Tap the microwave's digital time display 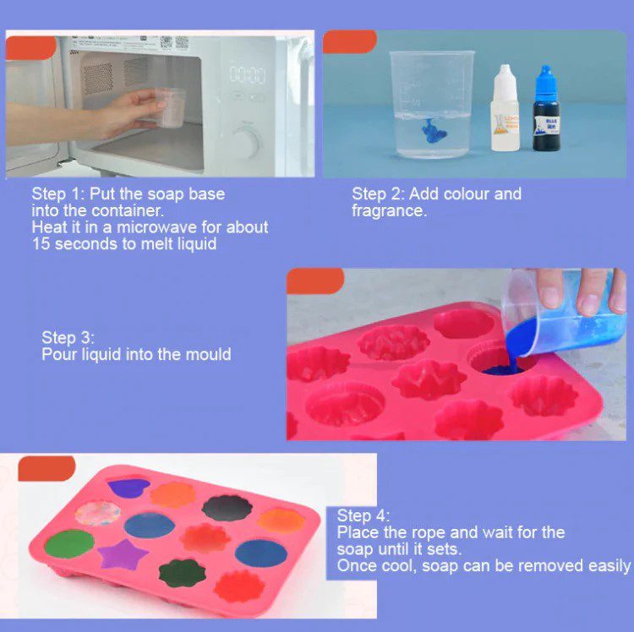click(248, 75)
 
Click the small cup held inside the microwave click(170, 108)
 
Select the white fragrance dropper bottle click(505, 108)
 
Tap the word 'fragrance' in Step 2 click(389, 210)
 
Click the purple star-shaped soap click(123, 554)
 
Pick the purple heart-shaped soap click(128, 488)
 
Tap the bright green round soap click(69, 544)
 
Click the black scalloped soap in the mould click(227, 508)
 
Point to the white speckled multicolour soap click(98, 513)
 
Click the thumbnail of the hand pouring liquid click(456, 354)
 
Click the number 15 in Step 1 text click(41, 244)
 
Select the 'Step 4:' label click(363, 516)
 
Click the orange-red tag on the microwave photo click(30, 47)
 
